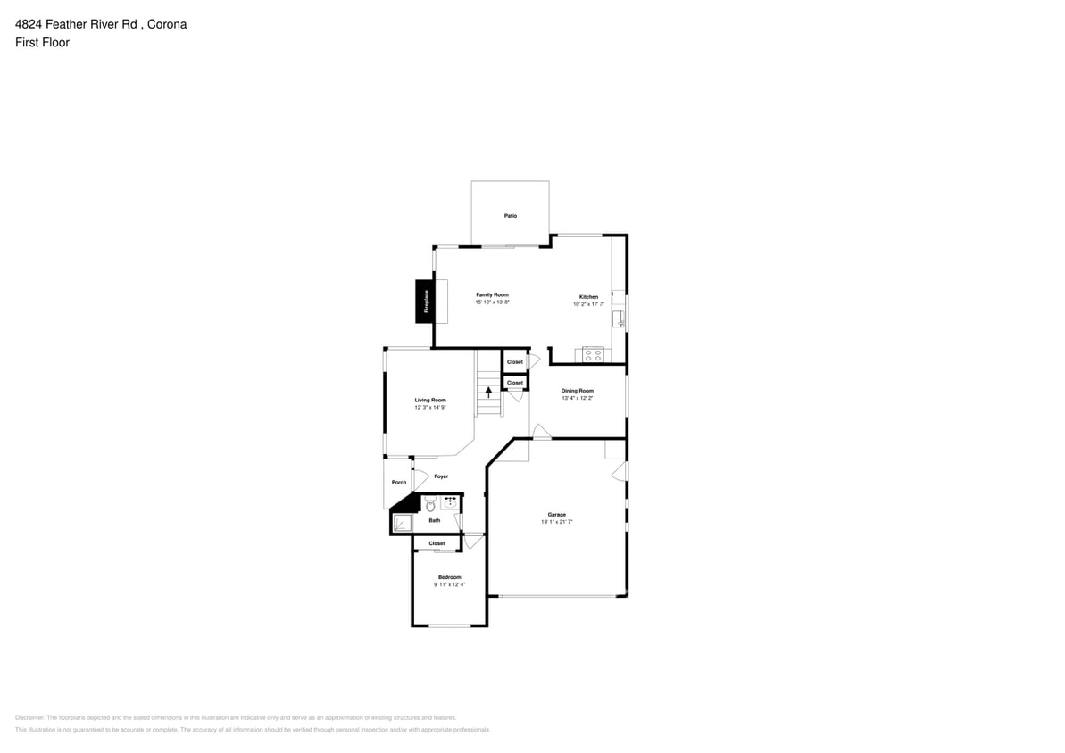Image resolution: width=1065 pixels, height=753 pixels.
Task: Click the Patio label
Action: (510, 216)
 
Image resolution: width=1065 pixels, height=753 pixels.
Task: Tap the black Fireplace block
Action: (425, 302)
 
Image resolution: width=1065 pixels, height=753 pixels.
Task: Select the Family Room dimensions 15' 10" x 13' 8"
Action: (492, 302)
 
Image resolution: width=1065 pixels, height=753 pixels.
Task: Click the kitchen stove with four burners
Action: (593, 354)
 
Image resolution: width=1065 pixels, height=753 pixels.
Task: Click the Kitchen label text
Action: (588, 296)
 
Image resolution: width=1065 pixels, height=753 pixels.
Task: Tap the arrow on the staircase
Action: (488, 391)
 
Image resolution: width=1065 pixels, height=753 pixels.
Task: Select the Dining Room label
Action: (577, 391)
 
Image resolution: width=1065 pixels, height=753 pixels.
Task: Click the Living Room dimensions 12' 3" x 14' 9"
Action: (429, 408)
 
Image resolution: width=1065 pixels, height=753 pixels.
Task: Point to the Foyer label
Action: (441, 476)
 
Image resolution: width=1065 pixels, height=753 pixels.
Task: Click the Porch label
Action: (399, 483)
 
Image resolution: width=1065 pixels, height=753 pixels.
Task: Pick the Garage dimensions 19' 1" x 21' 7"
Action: (556, 522)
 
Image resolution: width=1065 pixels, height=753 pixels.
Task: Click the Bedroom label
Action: (449, 577)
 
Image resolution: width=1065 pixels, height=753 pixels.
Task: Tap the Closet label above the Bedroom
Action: (437, 543)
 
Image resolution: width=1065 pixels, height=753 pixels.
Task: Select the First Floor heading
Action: (42, 42)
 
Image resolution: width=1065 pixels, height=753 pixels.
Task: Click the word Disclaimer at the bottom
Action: (29, 717)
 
